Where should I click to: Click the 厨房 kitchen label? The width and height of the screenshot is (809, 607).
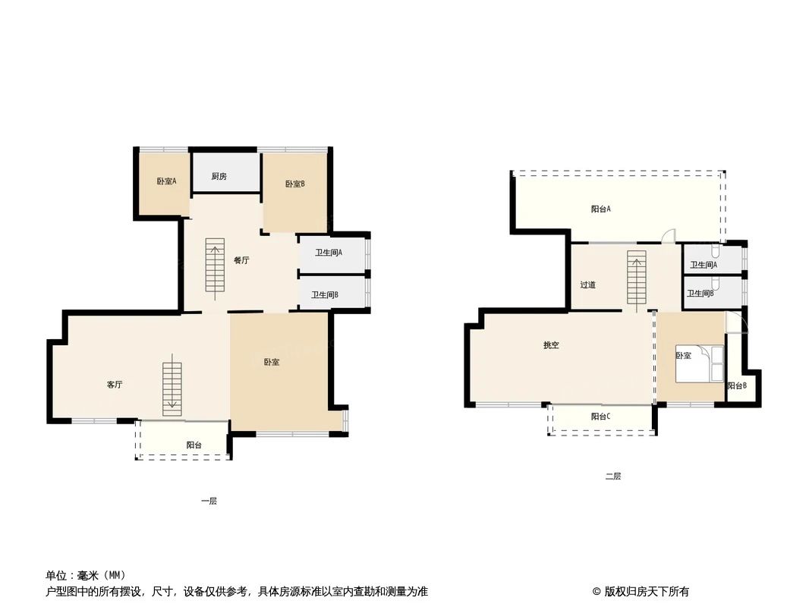219,177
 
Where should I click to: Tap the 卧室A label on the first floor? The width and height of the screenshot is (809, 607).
166,181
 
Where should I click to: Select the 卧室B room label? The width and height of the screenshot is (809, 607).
295,184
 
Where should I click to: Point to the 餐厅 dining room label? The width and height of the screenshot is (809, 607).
241,260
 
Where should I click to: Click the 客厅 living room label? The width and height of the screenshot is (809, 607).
115,385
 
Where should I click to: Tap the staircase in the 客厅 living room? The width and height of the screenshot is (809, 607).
172,385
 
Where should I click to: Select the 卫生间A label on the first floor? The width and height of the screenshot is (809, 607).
329,253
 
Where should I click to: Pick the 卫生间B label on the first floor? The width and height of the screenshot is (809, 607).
325,295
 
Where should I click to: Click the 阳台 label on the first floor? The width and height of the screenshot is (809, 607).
194,445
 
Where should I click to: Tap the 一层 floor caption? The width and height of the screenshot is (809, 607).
209,502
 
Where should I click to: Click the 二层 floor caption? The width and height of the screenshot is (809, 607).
613,476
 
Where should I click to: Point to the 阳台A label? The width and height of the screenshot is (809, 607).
601,209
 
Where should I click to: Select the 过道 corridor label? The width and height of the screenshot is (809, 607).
587,285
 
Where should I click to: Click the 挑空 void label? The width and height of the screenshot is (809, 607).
551,345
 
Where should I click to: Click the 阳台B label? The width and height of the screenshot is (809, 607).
736,386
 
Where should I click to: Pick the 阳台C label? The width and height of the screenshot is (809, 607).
601,417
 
